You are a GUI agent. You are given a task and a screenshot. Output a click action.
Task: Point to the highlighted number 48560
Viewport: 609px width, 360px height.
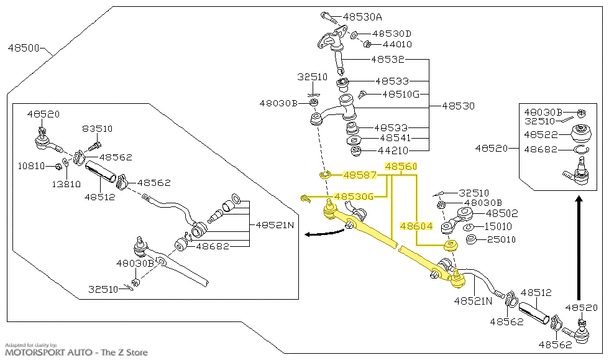401,167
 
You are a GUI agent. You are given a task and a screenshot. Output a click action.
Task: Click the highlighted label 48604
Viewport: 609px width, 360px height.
416,226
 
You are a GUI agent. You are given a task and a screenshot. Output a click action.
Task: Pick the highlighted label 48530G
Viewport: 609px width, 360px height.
354,196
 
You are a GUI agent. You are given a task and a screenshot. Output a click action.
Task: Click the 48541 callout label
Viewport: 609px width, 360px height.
395,138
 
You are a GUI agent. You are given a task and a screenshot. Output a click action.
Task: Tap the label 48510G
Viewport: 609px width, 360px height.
400,95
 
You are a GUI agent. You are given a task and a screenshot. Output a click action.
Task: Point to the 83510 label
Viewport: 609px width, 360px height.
97,129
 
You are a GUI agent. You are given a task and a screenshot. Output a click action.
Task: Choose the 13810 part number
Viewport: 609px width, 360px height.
66,185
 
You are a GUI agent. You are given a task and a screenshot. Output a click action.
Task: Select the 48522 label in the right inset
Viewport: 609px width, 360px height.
540,134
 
